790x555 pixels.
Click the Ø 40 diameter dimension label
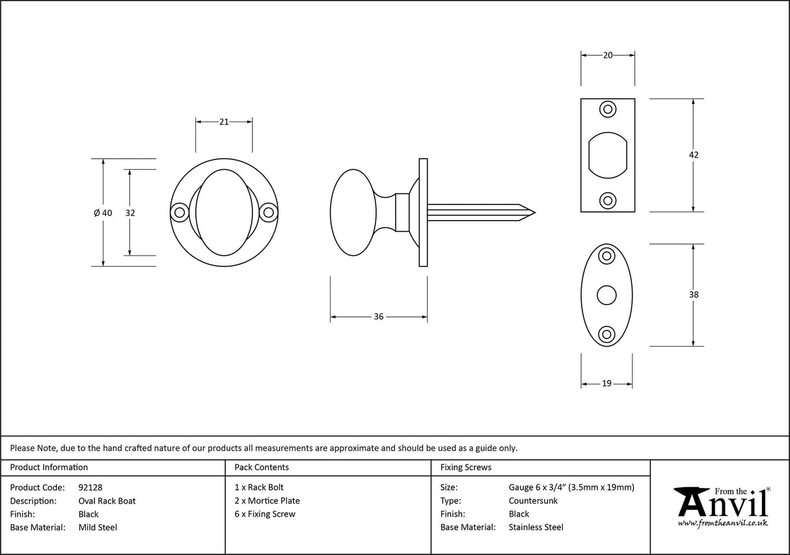pyautogui.click(x=103, y=213)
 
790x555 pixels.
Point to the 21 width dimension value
pyautogui.click(x=224, y=122)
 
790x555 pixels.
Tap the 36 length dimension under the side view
pyautogui.click(x=379, y=317)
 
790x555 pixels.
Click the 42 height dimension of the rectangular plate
pyautogui.click(x=694, y=155)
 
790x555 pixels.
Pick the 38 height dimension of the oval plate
pyautogui.click(x=694, y=295)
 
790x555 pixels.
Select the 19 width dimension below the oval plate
pyautogui.click(x=606, y=384)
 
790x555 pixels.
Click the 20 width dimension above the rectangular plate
pyautogui.click(x=608, y=56)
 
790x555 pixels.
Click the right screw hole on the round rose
pyautogui.click(x=268, y=212)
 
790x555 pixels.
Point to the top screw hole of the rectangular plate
pyautogui.click(x=608, y=109)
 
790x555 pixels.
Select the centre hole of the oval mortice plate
pyautogui.click(x=606, y=295)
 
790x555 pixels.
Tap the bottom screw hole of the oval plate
pyautogui.click(x=606, y=334)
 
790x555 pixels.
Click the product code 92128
pyautogui.click(x=90, y=487)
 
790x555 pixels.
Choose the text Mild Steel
pyautogui.click(x=98, y=528)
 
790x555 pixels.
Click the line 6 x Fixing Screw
pyautogui.click(x=265, y=514)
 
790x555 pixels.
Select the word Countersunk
pyautogui.click(x=533, y=501)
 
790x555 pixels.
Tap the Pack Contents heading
pyautogui.click(x=261, y=467)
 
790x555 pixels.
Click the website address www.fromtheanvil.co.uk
pyautogui.click(x=722, y=523)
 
